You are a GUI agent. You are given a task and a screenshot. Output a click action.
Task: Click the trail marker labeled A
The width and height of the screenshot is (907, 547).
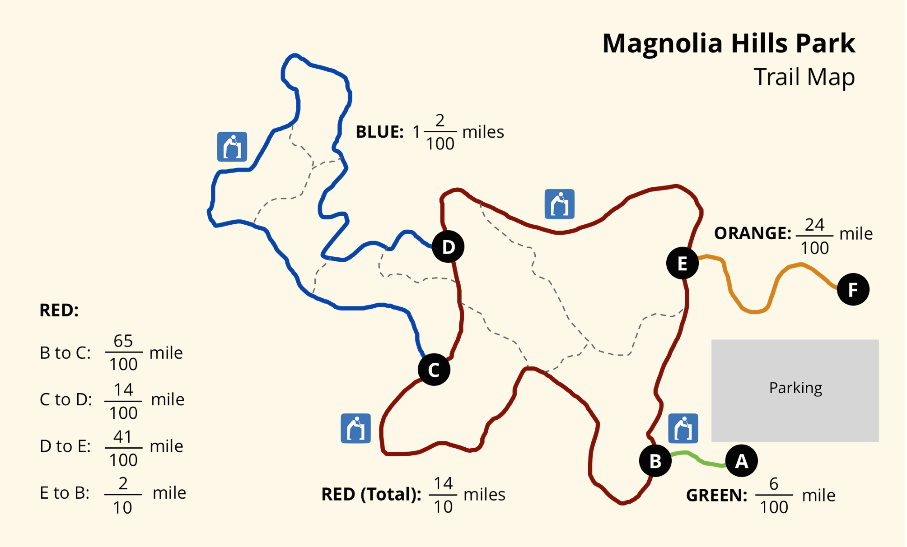pos(741,461)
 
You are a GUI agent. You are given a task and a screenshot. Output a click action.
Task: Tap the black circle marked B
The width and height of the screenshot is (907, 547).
pos(655,461)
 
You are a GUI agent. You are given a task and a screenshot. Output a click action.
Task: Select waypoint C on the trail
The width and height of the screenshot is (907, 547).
pos(434,370)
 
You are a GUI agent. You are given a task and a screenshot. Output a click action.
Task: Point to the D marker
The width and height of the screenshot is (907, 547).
pos(448,246)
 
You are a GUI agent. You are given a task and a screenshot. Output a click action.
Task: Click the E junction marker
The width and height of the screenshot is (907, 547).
pos(683,263)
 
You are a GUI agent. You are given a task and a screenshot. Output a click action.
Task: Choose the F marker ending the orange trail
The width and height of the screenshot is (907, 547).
pos(853,289)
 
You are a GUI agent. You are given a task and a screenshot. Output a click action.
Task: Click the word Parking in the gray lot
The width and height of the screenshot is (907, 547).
pos(795,388)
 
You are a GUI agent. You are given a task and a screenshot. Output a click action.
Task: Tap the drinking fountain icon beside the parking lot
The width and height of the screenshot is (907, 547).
pos(683,428)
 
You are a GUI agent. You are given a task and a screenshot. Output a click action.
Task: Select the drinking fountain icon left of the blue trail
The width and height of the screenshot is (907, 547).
pos(232,147)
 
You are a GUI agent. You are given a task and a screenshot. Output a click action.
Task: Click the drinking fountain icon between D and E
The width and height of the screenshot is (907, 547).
pos(560,204)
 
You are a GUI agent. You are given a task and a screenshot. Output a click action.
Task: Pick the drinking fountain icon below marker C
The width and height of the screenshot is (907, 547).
pos(356,428)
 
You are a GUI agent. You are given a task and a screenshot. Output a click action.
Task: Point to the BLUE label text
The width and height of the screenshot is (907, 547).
pos(379,132)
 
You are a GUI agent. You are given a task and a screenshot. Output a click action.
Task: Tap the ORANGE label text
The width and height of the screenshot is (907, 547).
pos(753,233)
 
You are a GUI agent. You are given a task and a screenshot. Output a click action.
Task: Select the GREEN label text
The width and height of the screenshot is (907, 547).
pos(716,496)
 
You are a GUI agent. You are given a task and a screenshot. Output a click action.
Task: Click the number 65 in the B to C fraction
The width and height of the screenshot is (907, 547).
pos(123,341)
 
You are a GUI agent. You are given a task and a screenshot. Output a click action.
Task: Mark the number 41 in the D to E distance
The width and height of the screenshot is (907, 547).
pos(123,436)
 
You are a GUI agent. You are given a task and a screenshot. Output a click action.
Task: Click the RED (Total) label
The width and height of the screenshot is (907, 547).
pos(371,495)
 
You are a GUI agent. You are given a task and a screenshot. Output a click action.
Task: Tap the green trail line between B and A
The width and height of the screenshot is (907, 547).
pos(698,459)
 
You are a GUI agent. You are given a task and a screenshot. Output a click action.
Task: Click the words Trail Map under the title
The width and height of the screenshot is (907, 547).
pos(804,77)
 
